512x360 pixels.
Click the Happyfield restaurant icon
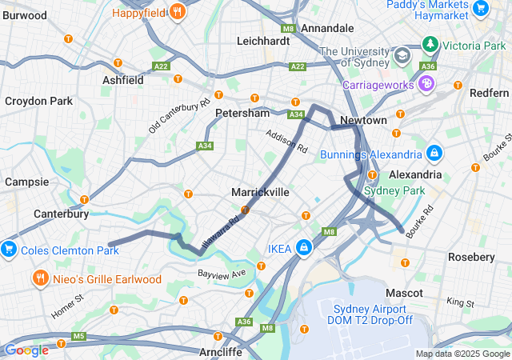coord(178,12)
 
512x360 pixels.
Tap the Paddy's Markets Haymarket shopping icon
coord(481,9)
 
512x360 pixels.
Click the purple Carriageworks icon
coord(427,82)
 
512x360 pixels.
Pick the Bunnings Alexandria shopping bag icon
coord(434,153)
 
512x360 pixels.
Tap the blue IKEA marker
coord(304,248)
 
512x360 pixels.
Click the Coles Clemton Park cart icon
coord(9,249)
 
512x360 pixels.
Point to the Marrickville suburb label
coord(260,193)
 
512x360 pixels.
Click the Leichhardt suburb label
coord(263,40)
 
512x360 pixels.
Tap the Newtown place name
coord(363,120)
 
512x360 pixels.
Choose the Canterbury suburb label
coord(61,214)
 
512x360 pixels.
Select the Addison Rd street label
coord(286,142)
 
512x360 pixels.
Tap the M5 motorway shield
coord(78,336)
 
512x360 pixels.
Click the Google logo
coord(26,350)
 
